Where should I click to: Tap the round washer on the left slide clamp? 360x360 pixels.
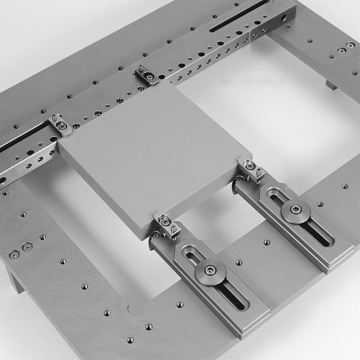(210, 272)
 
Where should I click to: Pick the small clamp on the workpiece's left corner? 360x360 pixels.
(60, 125)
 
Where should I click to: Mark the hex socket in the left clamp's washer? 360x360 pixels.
(210, 271)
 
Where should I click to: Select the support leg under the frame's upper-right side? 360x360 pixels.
(331, 85)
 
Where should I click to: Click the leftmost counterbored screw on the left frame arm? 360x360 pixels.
(14, 254)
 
